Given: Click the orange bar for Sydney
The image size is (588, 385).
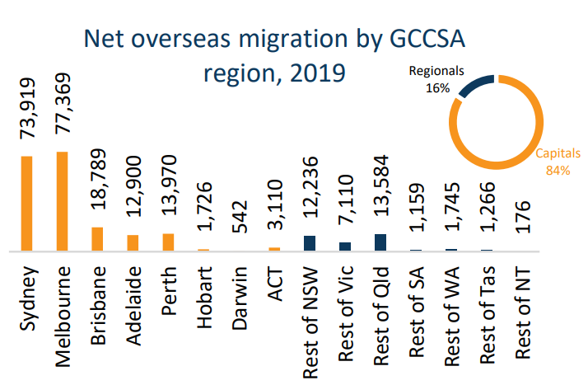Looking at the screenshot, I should pyautogui.click(x=27, y=203).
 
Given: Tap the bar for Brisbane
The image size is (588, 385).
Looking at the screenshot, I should pyautogui.click(x=97, y=238).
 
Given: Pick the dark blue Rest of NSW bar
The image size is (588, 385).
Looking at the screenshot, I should pyautogui.click(x=310, y=242).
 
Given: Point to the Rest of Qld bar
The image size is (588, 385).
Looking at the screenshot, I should pyautogui.click(x=380, y=242).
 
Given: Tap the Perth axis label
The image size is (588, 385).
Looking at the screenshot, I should pyautogui.click(x=169, y=292).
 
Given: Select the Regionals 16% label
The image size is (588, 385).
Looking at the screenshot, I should pyautogui.click(x=436, y=79).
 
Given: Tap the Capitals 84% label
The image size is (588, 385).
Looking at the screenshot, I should pyautogui.click(x=558, y=162).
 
